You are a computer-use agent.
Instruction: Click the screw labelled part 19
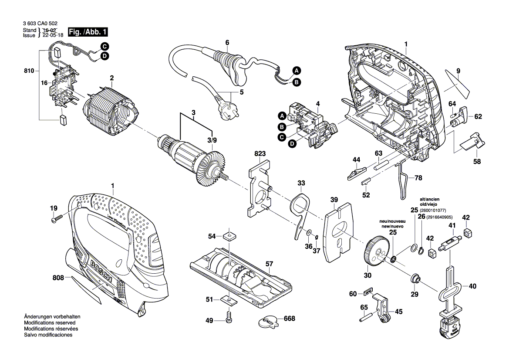pyautogui.click(x=56, y=220)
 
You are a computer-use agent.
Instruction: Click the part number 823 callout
pyautogui.click(x=260, y=154)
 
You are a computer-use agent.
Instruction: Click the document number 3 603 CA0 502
pyautogui.click(x=39, y=23)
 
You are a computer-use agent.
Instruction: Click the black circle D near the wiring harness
pyautogui.click(x=105, y=56)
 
